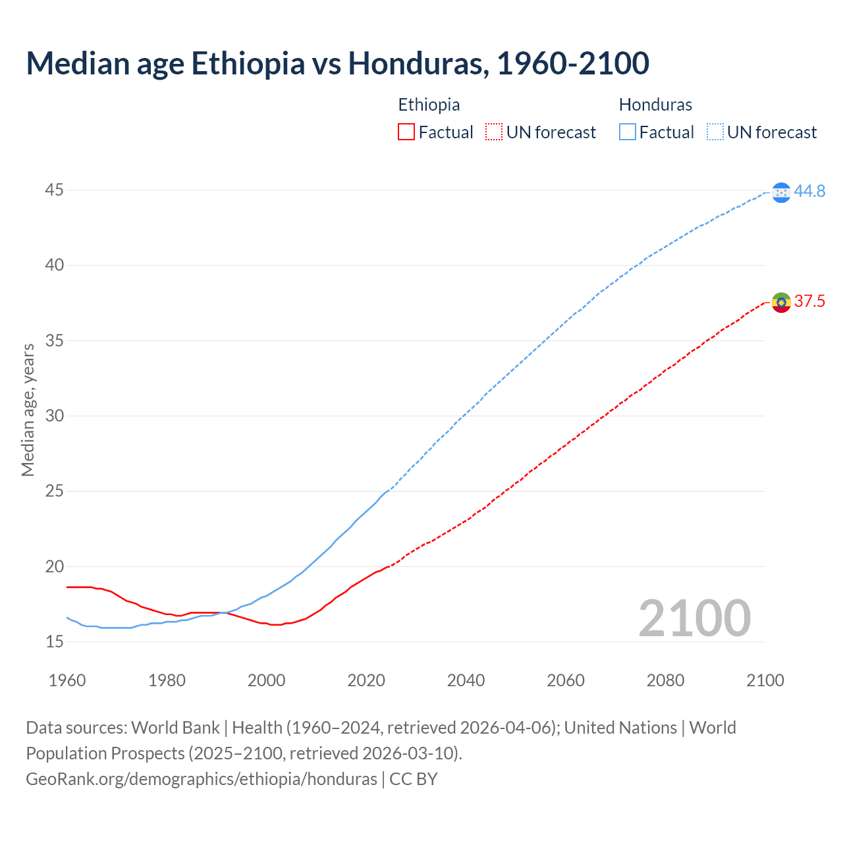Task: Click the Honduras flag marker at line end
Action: point(781,192)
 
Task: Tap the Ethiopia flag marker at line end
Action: point(781,302)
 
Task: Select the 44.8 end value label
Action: point(809,192)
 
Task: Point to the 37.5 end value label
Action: point(809,302)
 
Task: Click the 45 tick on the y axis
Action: point(55,190)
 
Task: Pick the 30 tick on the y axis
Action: point(55,416)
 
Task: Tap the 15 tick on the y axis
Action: point(55,641)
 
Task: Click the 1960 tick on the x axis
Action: point(67,680)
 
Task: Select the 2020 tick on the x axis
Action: point(366,680)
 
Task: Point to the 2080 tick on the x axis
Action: point(665,680)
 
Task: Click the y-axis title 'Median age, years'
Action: point(28,410)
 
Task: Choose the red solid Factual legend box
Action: point(406,132)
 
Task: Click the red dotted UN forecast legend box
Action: point(494,132)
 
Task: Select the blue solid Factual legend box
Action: point(628,132)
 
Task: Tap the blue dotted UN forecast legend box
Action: point(715,132)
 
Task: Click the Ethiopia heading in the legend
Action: point(429,105)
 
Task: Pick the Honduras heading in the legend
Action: point(655,105)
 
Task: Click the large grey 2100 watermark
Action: point(694,618)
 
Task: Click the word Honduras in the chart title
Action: point(418,63)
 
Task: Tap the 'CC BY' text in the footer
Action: point(414,779)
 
